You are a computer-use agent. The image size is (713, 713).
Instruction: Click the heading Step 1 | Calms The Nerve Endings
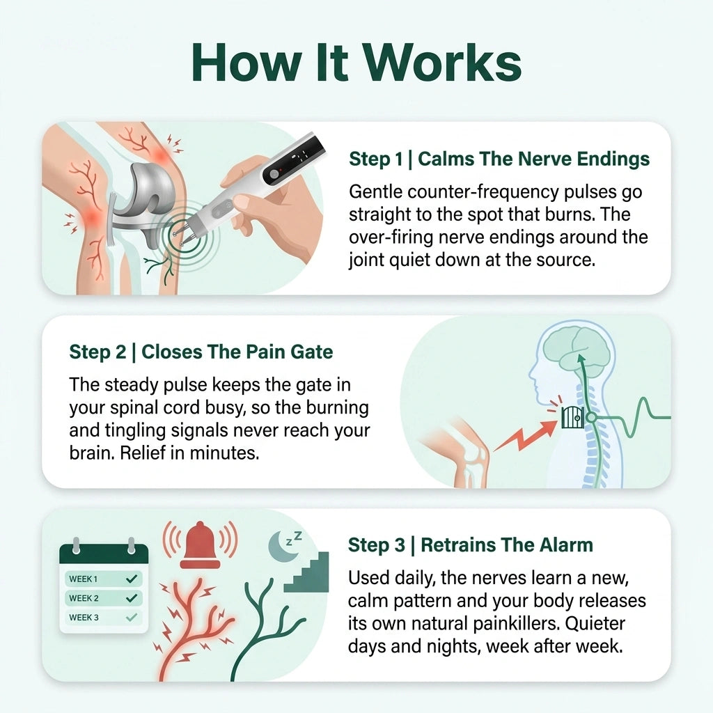coord(499,159)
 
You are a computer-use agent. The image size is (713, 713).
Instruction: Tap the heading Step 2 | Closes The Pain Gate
coord(201,352)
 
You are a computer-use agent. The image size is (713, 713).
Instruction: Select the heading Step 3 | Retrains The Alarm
coord(471,544)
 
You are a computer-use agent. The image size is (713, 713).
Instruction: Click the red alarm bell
coord(200,545)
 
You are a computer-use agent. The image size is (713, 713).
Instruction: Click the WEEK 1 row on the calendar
coord(104,579)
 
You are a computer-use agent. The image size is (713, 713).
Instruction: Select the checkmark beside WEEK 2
coord(132,598)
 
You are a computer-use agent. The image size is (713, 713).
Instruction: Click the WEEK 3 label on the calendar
coord(84,618)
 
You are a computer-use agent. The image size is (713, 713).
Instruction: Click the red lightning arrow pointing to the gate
coord(525,435)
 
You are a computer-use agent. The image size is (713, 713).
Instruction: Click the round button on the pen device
coord(274,174)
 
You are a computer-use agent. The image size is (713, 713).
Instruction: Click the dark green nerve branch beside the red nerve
coord(264,628)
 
